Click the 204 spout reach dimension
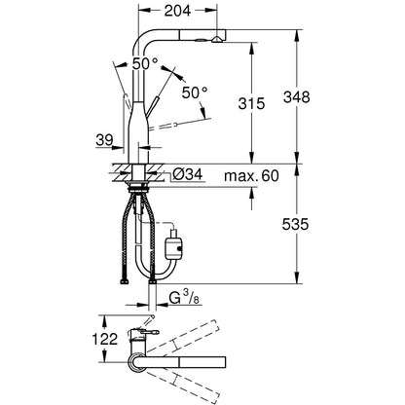177,11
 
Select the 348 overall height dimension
297,97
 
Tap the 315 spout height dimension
251,103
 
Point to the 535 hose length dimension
295,224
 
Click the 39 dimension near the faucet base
104,140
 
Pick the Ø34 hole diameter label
187,174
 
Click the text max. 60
251,176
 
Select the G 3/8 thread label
184,298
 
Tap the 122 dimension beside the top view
105,339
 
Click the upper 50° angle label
145,63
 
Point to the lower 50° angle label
195,92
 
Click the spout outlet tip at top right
217,40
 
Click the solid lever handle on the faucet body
152,106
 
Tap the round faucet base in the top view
136,362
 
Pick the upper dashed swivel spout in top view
183,337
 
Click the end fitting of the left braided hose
124,282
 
